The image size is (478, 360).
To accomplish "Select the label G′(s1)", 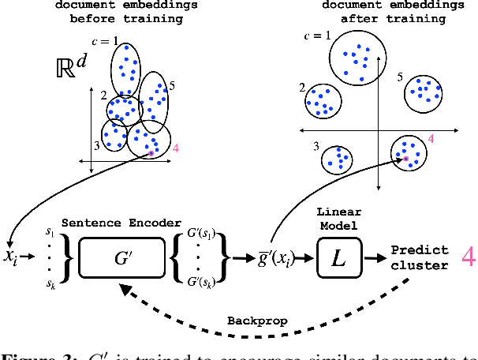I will [x=203, y=235].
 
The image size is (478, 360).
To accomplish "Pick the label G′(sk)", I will [x=203, y=281].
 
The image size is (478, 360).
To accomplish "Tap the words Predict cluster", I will [x=420, y=257].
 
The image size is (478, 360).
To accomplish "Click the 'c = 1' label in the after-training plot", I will [x=316, y=36].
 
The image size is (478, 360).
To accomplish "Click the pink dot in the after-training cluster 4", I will [x=406, y=159].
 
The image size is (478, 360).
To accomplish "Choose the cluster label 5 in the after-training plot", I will [x=400, y=77].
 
